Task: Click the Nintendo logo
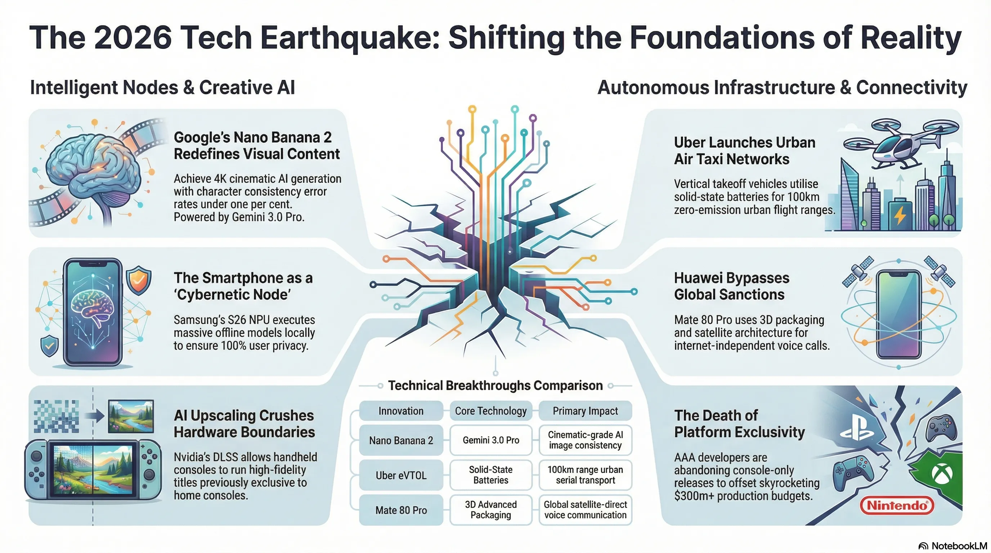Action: (896, 505)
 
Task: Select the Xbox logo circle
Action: (942, 474)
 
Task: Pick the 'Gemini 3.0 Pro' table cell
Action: (490, 440)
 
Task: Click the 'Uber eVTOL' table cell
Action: (401, 475)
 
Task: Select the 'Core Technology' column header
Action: (490, 411)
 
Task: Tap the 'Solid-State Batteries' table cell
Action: (490, 475)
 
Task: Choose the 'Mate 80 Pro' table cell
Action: (401, 510)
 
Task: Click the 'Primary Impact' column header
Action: (585, 411)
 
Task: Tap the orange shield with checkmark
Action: (139, 280)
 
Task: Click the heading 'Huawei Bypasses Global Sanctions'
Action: (731, 286)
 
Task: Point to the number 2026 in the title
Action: (133, 38)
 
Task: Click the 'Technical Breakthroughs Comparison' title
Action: (495, 385)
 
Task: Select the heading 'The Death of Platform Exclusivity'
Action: (739, 423)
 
